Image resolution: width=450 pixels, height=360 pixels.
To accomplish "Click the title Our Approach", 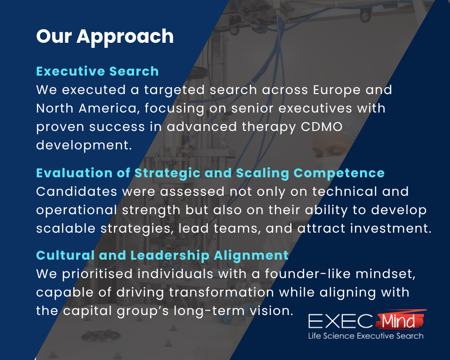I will [105, 36].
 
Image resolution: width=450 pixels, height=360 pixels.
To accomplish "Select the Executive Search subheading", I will [97, 71].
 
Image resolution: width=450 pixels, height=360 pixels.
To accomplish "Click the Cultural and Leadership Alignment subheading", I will [162, 255].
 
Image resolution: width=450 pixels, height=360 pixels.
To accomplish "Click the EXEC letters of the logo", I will [340, 321].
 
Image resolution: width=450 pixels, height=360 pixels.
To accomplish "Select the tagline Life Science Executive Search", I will [365, 336].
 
